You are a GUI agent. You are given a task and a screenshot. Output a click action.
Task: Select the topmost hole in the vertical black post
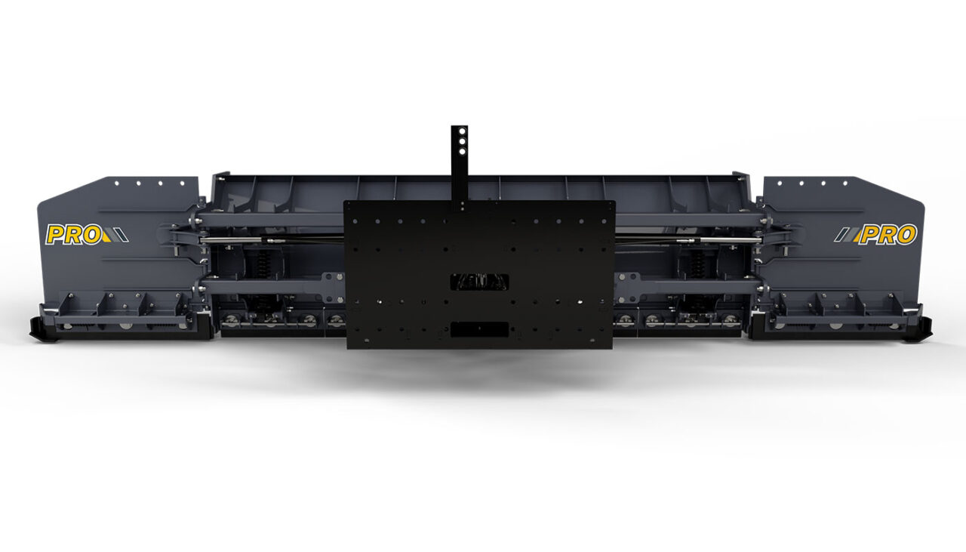(x=460, y=131)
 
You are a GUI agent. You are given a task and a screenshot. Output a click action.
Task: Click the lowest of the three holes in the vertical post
(x=460, y=150)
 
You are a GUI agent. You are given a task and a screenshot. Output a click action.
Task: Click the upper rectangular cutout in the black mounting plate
(x=479, y=282)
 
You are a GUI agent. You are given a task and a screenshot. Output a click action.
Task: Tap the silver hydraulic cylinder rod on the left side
(x=234, y=241)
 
